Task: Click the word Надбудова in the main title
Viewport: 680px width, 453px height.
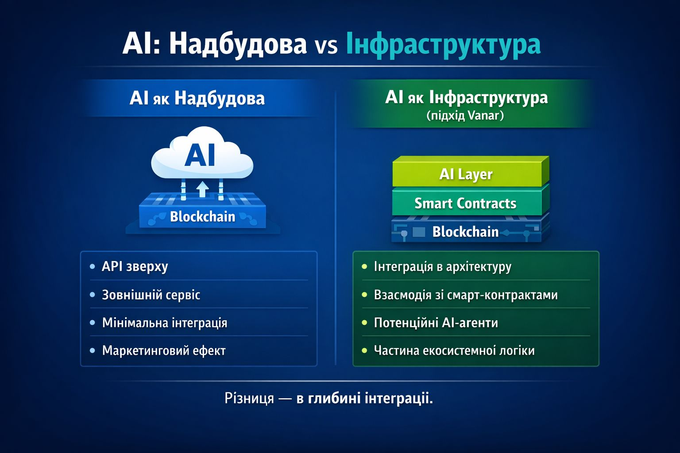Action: (238, 45)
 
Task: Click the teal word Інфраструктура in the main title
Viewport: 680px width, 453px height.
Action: (443, 45)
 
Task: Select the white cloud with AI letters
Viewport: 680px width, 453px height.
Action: (202, 153)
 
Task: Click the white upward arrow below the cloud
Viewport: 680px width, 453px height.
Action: (202, 189)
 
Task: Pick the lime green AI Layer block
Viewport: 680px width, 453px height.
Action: (471, 172)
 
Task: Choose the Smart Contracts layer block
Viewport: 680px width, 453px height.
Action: (471, 201)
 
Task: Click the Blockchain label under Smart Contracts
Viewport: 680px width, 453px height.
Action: (465, 232)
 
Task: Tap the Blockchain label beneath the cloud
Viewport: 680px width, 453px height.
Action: (202, 217)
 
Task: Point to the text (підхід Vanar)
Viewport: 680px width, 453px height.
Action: (465, 115)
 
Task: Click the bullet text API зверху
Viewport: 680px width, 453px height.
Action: (135, 267)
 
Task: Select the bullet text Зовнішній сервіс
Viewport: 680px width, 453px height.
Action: (151, 295)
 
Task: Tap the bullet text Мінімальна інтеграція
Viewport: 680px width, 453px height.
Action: (165, 323)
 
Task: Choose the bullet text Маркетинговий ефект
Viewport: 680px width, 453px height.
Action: (164, 351)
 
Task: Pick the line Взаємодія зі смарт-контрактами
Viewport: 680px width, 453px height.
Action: (466, 295)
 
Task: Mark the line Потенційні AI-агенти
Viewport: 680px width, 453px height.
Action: (436, 323)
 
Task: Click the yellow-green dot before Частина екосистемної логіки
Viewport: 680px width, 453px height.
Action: (365, 351)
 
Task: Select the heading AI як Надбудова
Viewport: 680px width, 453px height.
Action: (197, 99)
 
